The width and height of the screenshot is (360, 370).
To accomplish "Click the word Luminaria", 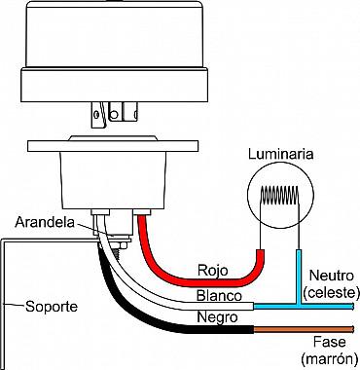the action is [x=281, y=154].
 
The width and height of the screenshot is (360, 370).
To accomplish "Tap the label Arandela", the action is [x=45, y=222].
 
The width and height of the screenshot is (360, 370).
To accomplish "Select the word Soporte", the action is [x=52, y=307].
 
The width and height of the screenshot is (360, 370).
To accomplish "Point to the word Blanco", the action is [x=219, y=296].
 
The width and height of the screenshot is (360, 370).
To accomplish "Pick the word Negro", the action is [x=217, y=316].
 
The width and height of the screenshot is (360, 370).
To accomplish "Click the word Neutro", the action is [x=331, y=276].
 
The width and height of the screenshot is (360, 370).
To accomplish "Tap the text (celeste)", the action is [x=331, y=293].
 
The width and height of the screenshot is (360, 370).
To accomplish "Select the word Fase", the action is [x=329, y=342].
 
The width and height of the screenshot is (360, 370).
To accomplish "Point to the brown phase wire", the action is [x=304, y=329].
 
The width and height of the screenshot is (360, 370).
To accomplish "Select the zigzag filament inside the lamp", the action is [x=280, y=196].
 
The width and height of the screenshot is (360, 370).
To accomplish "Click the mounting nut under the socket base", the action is [x=121, y=245].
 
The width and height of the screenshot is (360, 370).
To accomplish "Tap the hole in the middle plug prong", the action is [x=114, y=114].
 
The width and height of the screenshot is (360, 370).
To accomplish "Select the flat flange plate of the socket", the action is [x=113, y=146].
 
